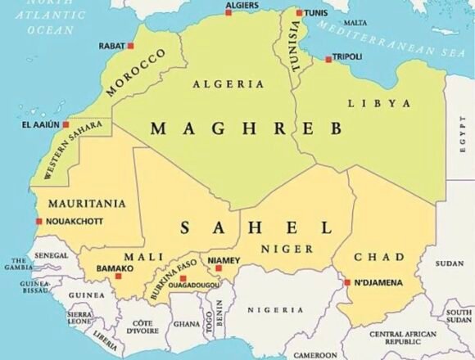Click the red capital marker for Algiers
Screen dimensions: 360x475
coord(228,12)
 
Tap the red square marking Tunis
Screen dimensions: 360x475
coord(299,14)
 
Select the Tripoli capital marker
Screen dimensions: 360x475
coord(328,59)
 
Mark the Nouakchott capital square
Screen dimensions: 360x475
coord(38,221)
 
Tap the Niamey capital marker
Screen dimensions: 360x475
coord(219,268)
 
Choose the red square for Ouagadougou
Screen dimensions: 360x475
coord(182,279)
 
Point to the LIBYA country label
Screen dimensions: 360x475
coord(379,103)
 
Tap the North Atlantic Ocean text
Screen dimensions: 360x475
coord(51,17)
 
